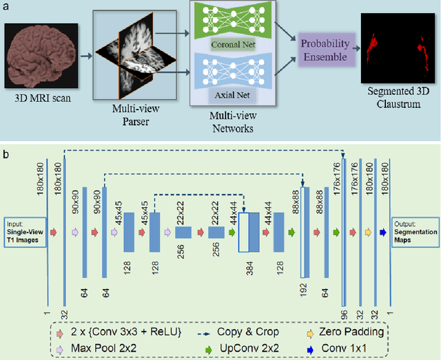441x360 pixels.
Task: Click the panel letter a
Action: coord(6,6)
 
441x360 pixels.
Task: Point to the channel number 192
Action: coord(302,291)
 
